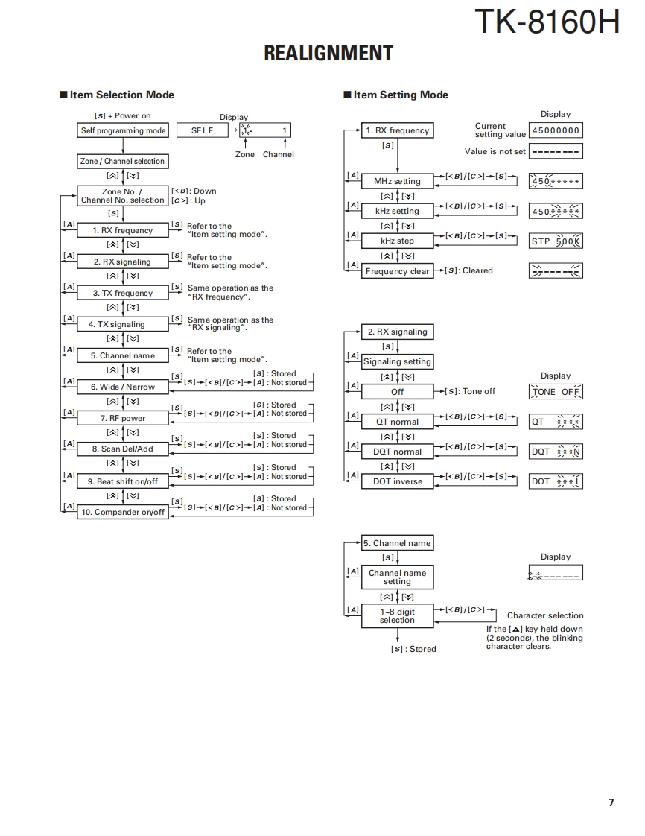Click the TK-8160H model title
[547, 22]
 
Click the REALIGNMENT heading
[328, 54]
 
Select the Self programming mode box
[123, 131]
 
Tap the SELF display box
[202, 131]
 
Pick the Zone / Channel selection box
[123, 161]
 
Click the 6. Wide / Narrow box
[123, 387]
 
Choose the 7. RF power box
[123, 418]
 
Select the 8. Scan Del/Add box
[123, 449]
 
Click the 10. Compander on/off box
[123, 513]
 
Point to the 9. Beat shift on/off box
[123, 481]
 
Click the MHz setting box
[397, 181]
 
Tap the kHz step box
[397, 241]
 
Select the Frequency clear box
[397, 271]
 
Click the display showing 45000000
[556, 131]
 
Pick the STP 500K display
[556, 241]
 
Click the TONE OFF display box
[556, 392]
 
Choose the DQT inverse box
[397, 481]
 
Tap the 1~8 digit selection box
[397, 615]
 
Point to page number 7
[611, 802]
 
